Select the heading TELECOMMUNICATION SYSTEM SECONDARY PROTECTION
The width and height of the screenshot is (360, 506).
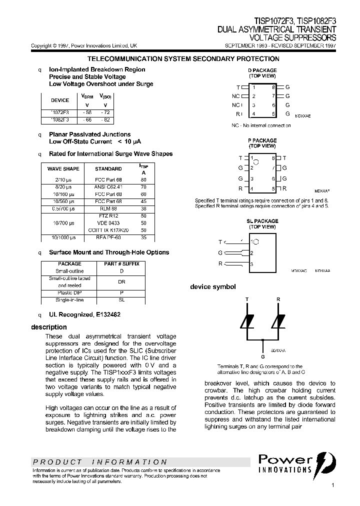coord(183,59)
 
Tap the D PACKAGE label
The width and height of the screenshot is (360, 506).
coord(262,70)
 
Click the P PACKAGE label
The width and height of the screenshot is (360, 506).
coord(262,141)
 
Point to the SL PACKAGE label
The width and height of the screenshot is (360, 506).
coord(262,221)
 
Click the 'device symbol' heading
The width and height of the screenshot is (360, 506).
coord(212,287)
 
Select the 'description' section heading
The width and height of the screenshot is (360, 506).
coord(49,327)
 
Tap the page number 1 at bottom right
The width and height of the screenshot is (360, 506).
coord(332,485)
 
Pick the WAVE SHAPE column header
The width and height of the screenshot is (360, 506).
coord(63,169)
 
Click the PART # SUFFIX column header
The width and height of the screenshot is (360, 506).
coord(121,263)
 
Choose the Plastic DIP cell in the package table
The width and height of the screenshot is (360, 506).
coord(69,292)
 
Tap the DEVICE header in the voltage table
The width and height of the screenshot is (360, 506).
coord(60,100)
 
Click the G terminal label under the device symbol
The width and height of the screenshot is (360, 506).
coord(263,357)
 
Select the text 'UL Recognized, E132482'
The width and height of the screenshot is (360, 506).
coord(84,315)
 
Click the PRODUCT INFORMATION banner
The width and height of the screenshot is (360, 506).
coord(100,462)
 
